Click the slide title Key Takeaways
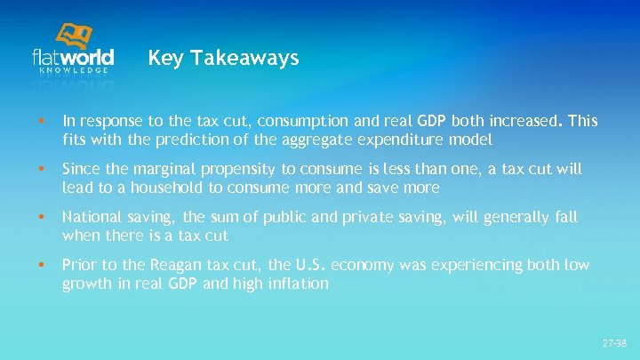[223, 59]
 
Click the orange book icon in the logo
[75, 36]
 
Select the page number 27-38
[613, 342]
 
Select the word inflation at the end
[297, 284]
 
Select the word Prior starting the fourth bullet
[77, 265]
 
